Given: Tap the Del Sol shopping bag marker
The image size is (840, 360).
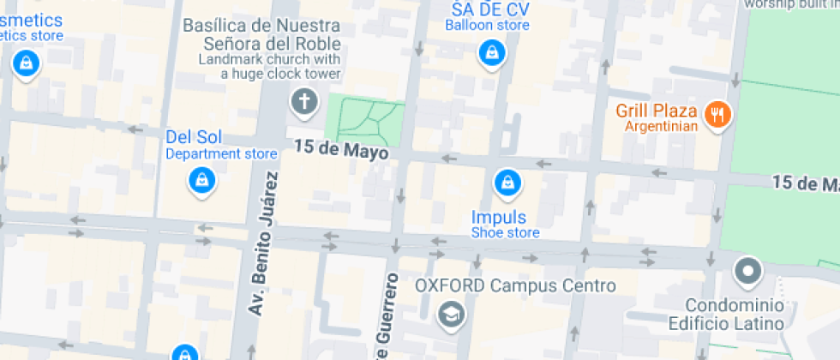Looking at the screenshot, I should pos(201,180).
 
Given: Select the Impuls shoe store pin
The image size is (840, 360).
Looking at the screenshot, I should pos(507,182).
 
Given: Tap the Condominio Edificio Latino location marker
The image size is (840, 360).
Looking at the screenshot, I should pos(748,272).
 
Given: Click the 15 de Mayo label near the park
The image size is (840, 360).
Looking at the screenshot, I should pos(341,149).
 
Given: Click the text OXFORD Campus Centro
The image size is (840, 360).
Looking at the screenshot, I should pos(515,285).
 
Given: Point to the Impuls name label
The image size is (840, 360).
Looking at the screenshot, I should pos(499,217).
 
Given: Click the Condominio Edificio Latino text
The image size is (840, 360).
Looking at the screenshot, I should pos(735,315).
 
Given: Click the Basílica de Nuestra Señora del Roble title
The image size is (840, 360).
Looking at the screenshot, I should pos(262,34).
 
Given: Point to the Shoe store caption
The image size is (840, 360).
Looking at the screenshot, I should pos(505,233).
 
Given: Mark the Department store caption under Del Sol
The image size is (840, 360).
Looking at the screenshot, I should pos(221,154).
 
